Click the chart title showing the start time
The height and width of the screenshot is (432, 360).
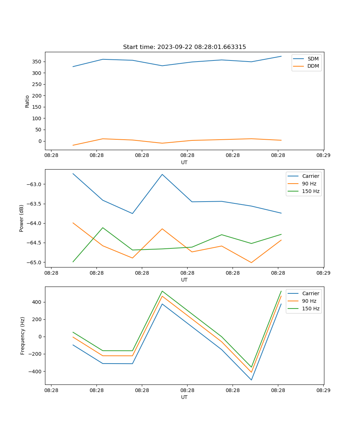(184, 47)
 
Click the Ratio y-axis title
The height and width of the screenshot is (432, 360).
(27, 101)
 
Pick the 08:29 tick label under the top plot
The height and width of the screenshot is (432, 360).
(323, 156)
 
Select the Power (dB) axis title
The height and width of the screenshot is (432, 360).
(22, 218)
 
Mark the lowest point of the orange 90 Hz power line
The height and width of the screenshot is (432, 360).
(251, 262)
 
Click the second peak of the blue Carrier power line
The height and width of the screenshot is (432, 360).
(162, 174)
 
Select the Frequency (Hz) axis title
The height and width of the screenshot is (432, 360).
(23, 336)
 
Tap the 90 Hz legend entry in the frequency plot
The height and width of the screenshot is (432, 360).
(309, 301)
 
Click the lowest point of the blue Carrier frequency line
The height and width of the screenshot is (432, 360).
(251, 380)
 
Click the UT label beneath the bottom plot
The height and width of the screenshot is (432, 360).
(184, 397)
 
